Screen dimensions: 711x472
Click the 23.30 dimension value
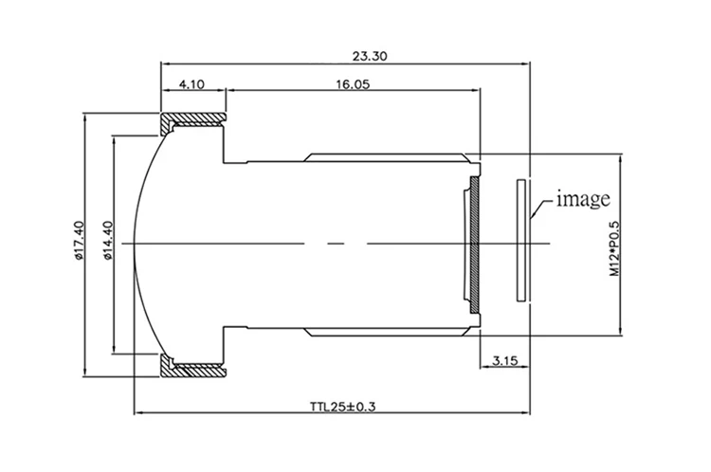point(370,57)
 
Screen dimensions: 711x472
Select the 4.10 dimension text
point(191,84)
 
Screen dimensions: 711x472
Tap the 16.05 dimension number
point(353,84)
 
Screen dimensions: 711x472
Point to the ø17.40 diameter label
point(79,240)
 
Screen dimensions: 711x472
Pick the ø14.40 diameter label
point(108,240)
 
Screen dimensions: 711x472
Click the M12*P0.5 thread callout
point(614,248)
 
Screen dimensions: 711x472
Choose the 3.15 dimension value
point(504,361)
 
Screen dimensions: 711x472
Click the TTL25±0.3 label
point(343,407)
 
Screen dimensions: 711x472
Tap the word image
point(583,199)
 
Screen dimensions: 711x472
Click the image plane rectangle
point(521,241)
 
